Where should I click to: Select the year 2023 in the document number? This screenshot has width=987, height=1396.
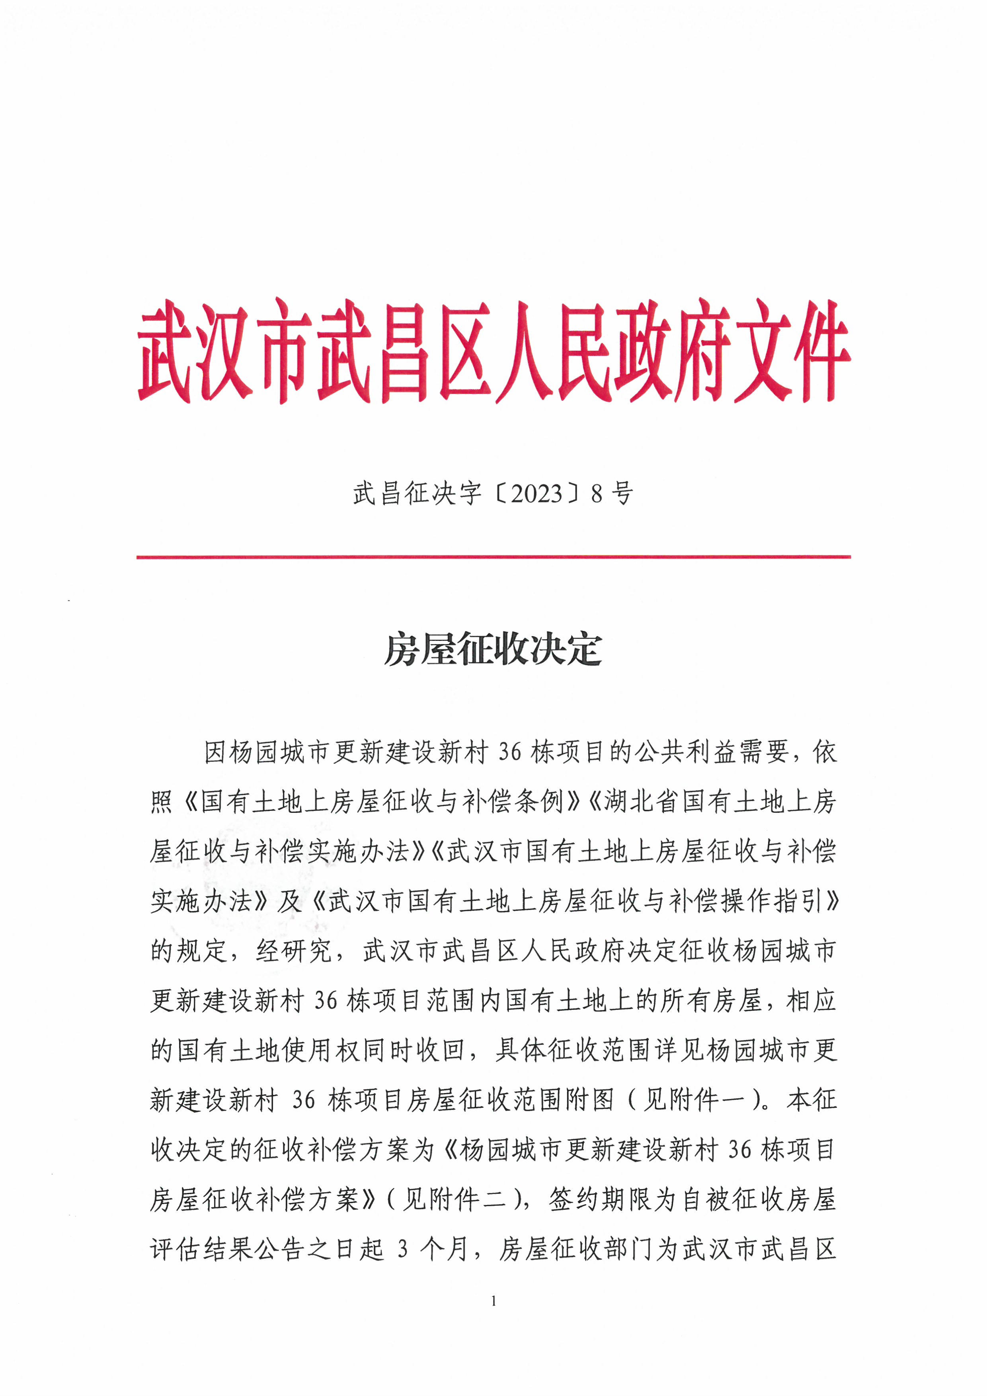(536, 494)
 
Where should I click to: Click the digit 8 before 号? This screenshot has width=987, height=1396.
(597, 494)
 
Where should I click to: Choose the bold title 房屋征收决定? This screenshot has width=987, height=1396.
(493, 650)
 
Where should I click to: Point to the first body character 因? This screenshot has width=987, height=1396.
(216, 753)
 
